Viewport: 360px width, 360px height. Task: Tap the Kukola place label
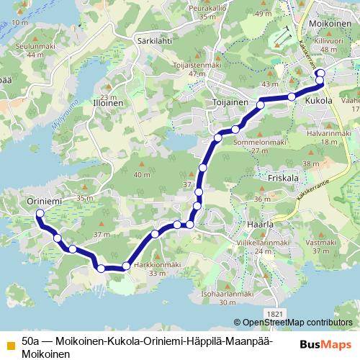point(319,102)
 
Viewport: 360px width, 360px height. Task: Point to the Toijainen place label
point(230,103)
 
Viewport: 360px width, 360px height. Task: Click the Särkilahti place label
point(153,42)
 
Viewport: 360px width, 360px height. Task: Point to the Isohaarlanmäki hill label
point(228,293)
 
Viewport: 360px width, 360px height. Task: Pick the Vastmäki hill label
point(322,242)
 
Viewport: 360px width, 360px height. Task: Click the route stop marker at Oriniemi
point(40,214)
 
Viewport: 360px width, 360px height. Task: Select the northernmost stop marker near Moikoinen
point(320,73)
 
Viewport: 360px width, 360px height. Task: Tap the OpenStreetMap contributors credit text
point(297,323)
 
